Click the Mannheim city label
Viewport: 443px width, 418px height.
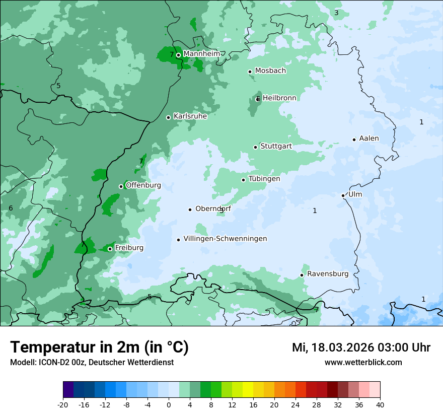[201, 54]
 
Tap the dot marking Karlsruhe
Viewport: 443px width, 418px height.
[169, 117]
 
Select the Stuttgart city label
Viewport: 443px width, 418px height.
[276, 146]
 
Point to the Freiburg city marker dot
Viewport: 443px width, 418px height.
[110, 249]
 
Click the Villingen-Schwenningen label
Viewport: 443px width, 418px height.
[225, 239]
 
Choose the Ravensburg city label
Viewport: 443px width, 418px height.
[328, 274]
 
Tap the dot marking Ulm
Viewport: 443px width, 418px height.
[343, 195]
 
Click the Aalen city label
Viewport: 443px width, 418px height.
[369, 138]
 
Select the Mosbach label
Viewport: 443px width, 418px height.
[270, 71]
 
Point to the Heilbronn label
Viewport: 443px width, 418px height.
[279, 98]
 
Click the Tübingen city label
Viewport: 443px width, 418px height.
[264, 179]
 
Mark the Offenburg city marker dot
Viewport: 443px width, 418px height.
[121, 186]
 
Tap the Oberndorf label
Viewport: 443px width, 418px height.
[213, 208]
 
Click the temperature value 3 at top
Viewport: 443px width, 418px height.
[336, 13]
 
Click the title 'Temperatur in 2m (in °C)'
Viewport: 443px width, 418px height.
[100, 347]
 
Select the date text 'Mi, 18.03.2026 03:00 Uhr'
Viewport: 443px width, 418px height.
[361, 347]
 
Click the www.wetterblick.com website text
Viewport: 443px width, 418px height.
[363, 362]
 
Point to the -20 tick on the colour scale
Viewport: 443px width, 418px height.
[63, 404]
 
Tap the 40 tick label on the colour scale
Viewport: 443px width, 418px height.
[380, 404]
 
